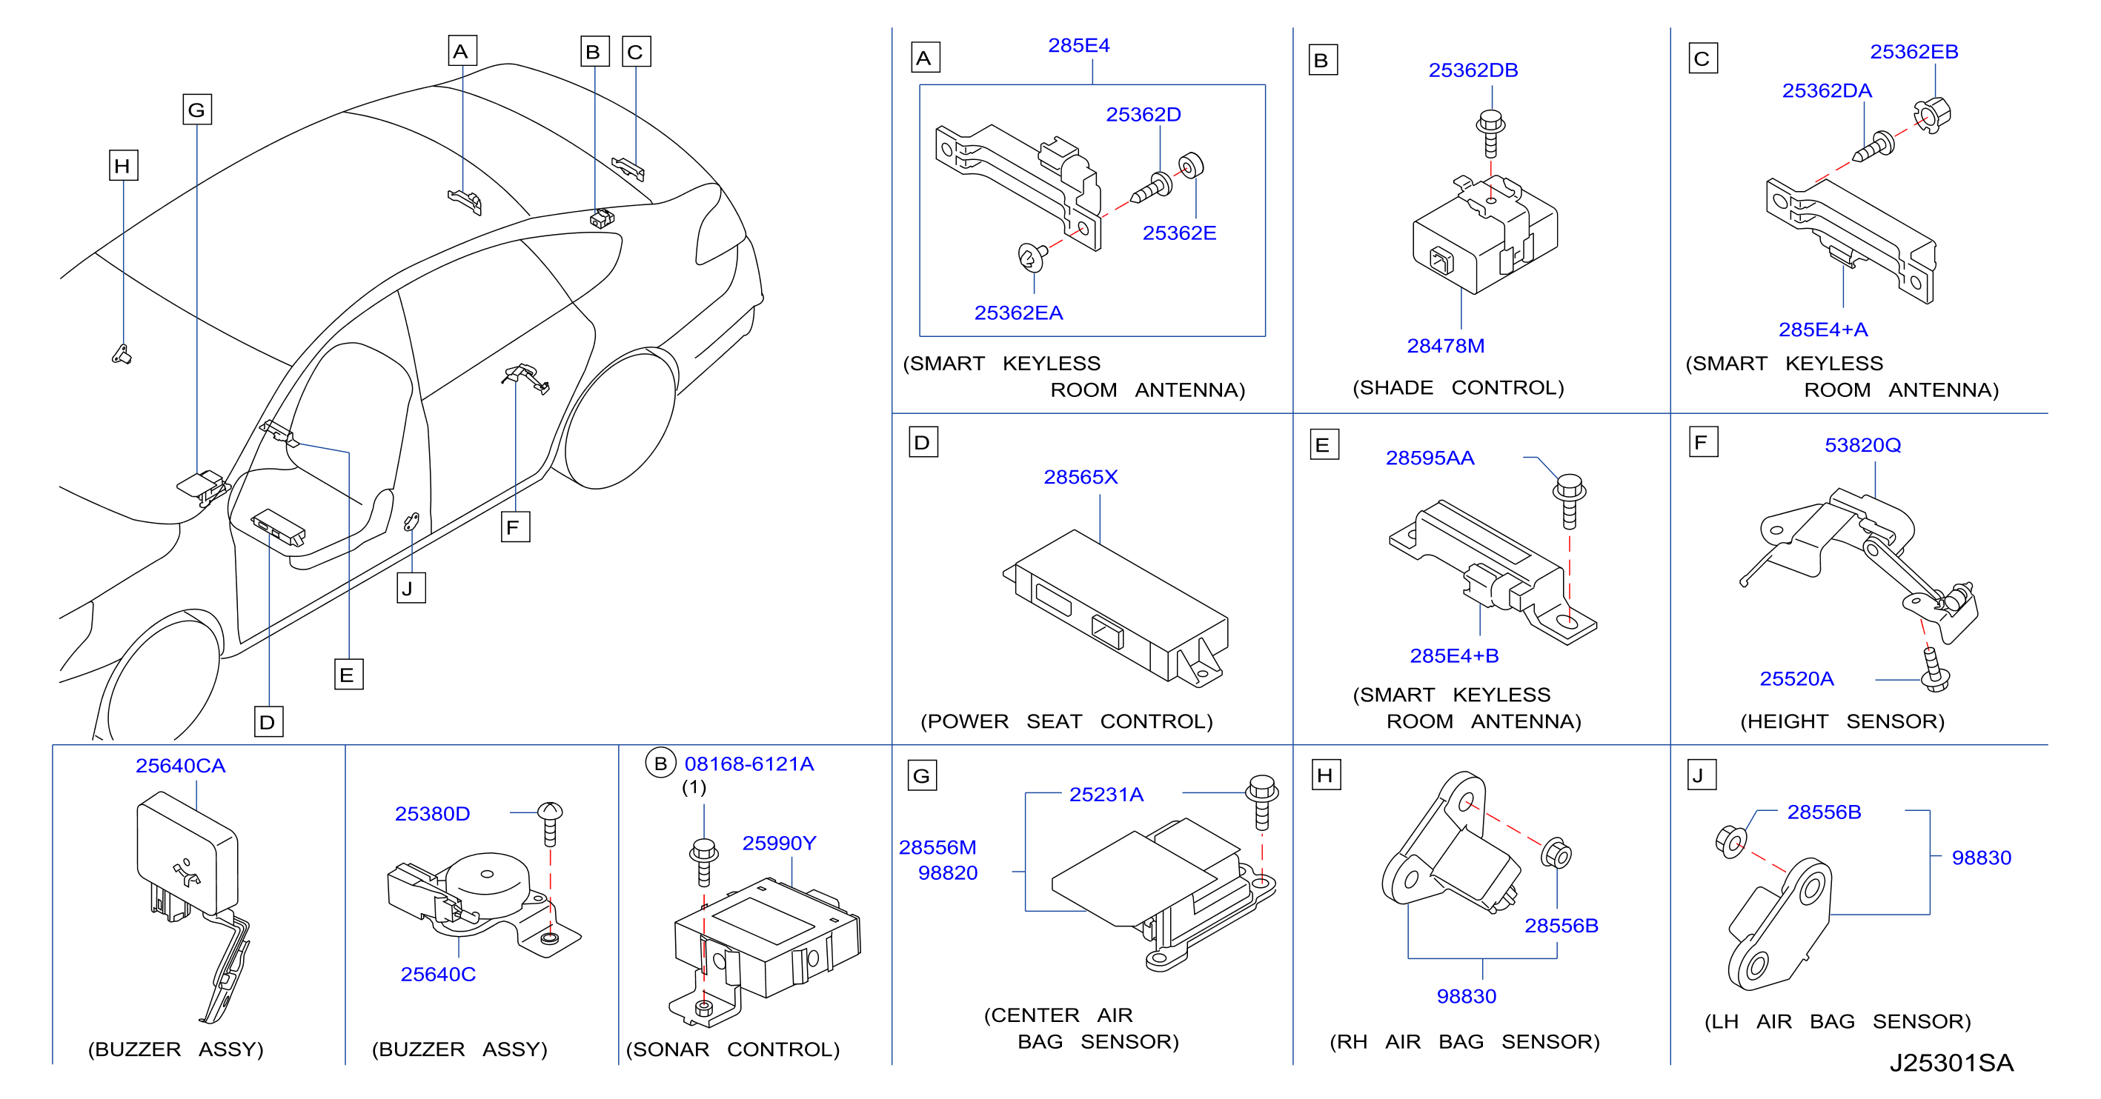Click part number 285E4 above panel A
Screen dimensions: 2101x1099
click(x=1078, y=46)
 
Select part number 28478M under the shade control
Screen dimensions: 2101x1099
click(x=1445, y=346)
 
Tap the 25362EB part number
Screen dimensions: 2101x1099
click(x=1914, y=52)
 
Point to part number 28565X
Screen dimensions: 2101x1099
click(x=1081, y=477)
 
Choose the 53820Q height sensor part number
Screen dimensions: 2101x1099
click(x=1863, y=445)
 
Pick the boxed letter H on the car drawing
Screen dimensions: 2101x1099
click(x=123, y=165)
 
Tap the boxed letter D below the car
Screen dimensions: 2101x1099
click(x=268, y=721)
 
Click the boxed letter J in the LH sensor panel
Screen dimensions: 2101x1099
click(x=1702, y=775)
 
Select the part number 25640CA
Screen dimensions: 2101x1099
click(x=180, y=766)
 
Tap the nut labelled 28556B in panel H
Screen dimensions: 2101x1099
click(x=1556, y=854)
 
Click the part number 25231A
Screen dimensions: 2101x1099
click(x=1106, y=795)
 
